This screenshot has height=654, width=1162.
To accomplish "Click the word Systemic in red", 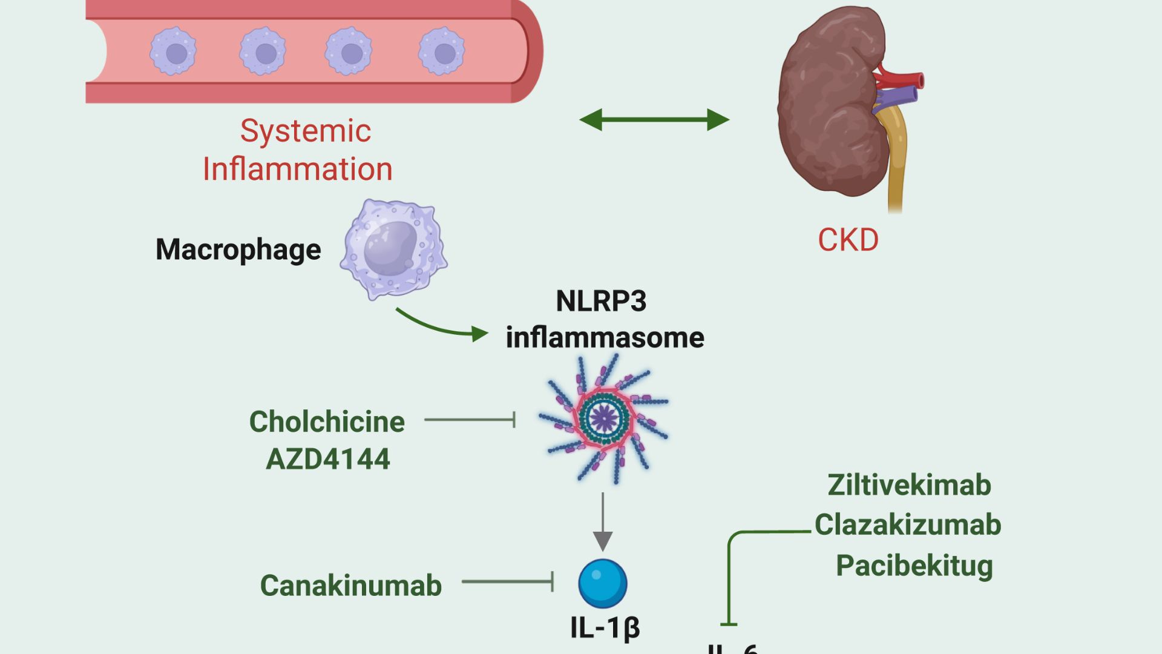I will coord(306,131).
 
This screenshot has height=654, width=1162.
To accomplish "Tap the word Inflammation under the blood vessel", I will coord(297,169).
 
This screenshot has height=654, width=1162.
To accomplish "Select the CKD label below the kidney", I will coord(848,240).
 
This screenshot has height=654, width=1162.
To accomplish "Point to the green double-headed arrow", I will coord(654,119).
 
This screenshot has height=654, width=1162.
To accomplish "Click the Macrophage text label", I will coord(238,249).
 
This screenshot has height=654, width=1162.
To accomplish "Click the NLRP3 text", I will coord(601,301).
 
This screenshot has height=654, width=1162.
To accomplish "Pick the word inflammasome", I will coord(605,337).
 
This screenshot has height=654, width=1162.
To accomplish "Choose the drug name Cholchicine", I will coord(327,421).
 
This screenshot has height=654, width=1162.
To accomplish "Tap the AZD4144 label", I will coord(328,458).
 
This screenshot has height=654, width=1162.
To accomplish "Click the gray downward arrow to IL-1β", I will coord(603,521).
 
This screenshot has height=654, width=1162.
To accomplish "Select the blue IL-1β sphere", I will coord(603,583).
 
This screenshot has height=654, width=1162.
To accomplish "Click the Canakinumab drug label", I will coord(351,586).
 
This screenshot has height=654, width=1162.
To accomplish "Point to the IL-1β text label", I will coord(605,627).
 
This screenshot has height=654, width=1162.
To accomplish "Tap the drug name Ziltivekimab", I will coord(909,485).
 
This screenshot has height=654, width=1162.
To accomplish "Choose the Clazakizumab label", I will coord(908,524).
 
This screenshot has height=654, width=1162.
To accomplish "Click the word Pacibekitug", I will coord(914,566).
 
